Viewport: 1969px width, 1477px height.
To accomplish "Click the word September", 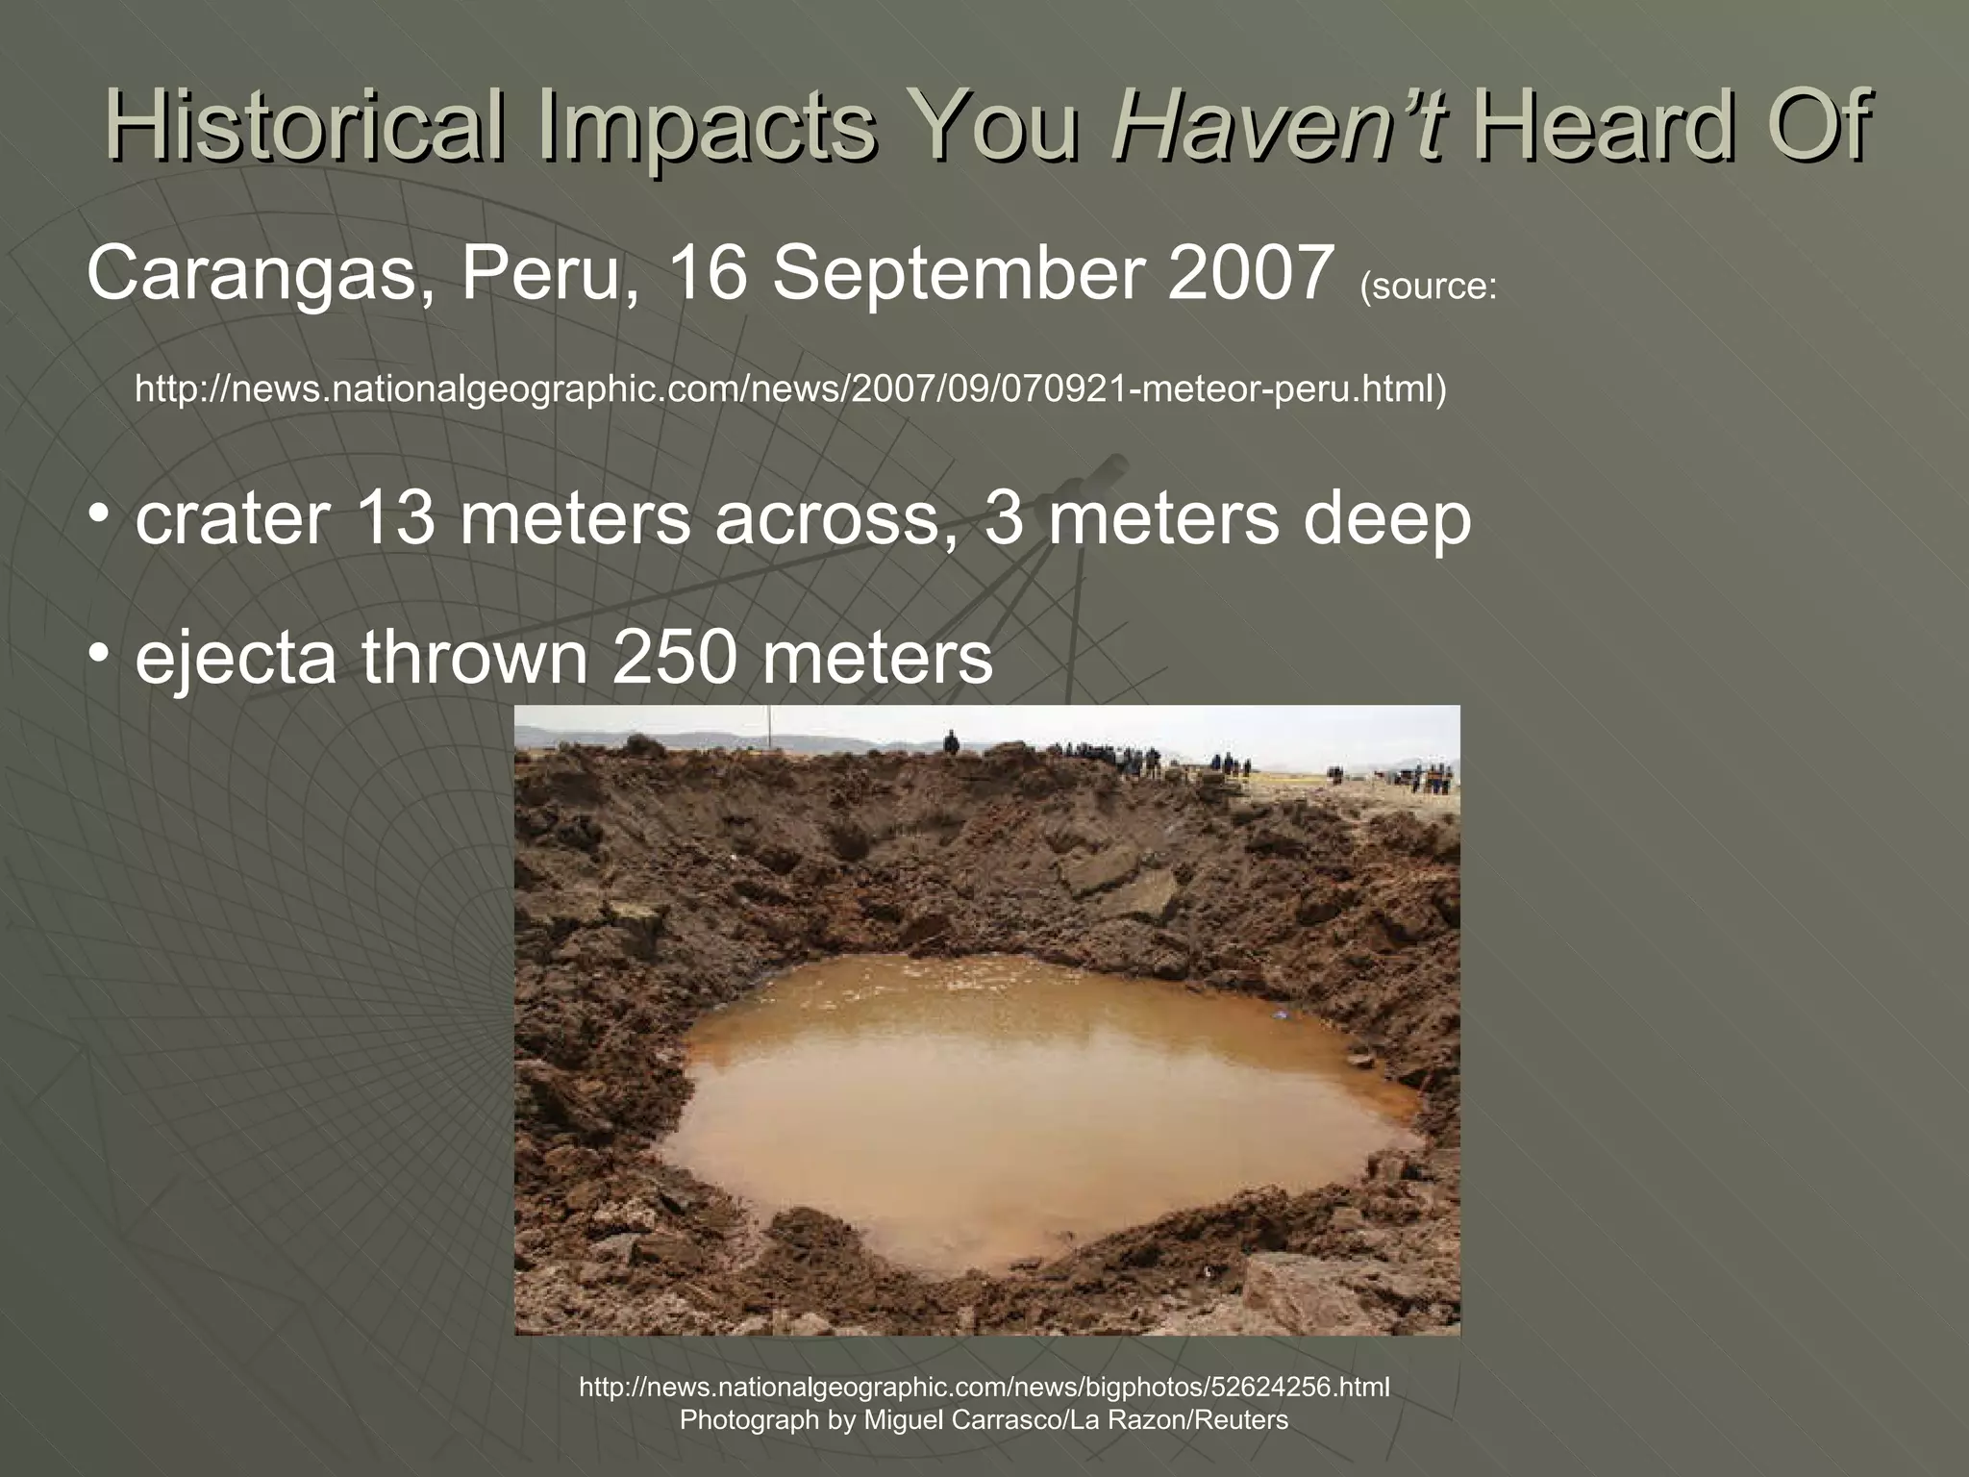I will pos(957,273).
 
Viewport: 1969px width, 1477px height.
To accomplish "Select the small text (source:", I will pos(1428,287).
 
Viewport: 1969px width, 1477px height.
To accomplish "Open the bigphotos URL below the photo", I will pos(984,1387).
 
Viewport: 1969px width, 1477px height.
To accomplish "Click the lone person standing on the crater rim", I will pos(951,742).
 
